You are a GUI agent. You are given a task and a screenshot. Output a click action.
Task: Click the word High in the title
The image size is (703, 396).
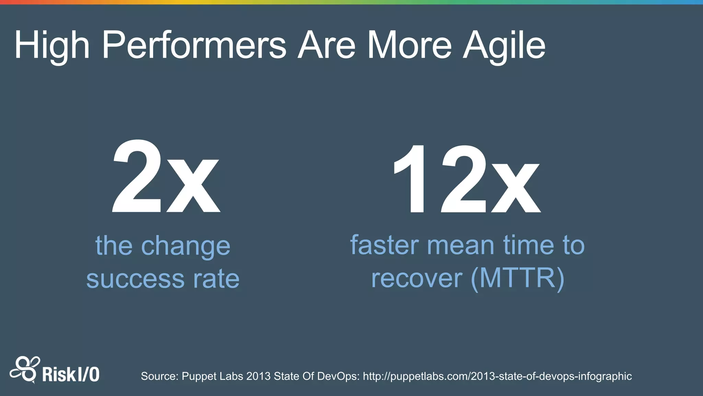point(51,46)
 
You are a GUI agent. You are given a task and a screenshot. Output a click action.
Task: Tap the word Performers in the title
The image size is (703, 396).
point(194,46)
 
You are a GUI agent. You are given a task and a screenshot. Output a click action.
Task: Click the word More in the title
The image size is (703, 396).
point(409,46)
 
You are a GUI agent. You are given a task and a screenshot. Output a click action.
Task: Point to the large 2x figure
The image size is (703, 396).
point(165,178)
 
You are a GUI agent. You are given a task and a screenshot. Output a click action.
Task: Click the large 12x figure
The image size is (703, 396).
point(466,179)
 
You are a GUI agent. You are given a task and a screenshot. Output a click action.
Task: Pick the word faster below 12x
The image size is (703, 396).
point(384,245)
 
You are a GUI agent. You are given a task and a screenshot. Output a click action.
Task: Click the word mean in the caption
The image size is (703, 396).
point(460,245)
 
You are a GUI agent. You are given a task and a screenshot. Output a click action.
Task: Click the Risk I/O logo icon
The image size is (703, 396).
point(24,370)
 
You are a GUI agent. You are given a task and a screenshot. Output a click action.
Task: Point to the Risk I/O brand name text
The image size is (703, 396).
point(71,374)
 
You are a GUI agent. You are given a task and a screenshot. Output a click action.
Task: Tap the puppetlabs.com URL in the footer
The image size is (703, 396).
point(497,376)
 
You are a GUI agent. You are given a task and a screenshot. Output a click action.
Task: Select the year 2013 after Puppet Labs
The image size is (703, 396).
point(258,376)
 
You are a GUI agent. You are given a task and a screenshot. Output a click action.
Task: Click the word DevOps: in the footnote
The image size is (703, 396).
point(338,376)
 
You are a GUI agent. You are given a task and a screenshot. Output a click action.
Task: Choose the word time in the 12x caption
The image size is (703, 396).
point(528,245)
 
